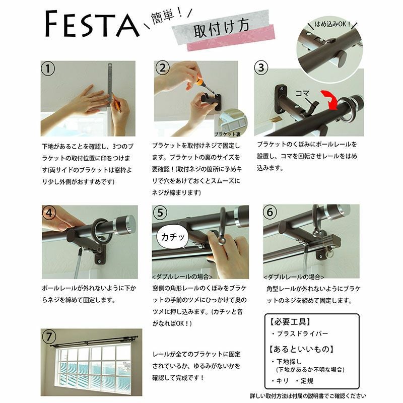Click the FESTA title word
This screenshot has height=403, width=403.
tap(92, 24)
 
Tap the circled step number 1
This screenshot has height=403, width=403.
tap(48, 69)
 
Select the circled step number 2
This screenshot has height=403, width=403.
tap(162, 68)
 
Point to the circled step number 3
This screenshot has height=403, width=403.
tap(261, 68)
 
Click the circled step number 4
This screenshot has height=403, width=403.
tap(49, 213)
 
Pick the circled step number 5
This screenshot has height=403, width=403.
tap(160, 213)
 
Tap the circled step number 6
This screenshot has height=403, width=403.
tap(270, 212)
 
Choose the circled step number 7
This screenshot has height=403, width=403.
tap(49, 337)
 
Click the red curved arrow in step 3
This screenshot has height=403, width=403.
tap(331, 99)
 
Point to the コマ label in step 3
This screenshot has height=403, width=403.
tap(302, 93)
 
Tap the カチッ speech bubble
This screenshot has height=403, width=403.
tap(172, 237)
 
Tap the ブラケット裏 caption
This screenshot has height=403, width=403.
tap(227, 134)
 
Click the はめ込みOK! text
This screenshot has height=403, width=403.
tap(332, 24)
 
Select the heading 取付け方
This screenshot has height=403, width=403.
tap(221, 28)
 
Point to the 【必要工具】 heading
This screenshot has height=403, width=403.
tap(290, 321)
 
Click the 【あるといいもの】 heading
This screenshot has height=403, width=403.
tap(301, 349)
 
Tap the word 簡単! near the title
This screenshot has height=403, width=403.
tap(167, 16)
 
